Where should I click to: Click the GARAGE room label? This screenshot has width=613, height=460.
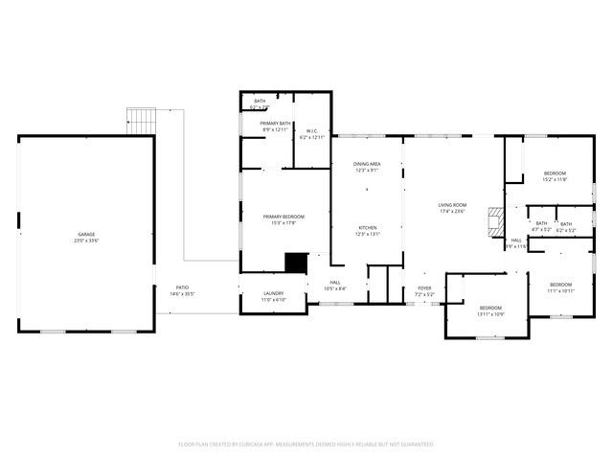[x=86, y=235]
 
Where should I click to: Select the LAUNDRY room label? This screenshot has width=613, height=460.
[x=273, y=294]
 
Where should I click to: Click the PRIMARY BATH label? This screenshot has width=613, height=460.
[x=275, y=124]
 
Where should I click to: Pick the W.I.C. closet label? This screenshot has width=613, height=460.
[x=312, y=131]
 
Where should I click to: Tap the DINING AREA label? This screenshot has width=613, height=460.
[x=368, y=164]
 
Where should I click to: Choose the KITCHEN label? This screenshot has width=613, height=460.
[x=368, y=228]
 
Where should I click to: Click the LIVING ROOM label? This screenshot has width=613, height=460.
[x=452, y=205]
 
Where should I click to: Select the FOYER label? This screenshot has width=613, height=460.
[x=424, y=287]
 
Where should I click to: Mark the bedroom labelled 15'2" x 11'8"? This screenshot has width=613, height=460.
[x=555, y=173]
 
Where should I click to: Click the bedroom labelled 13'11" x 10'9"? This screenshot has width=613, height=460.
[x=490, y=309]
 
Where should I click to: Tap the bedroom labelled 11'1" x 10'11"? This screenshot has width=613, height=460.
[x=560, y=285]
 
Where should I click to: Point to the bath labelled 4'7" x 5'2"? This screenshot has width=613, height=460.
[x=541, y=224]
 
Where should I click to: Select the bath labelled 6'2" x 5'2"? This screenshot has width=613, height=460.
[x=566, y=224]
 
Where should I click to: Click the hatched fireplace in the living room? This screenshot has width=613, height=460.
[x=494, y=221]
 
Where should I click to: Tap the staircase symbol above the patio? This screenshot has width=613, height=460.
[x=142, y=121]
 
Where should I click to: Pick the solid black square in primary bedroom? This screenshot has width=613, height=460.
[x=296, y=262]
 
